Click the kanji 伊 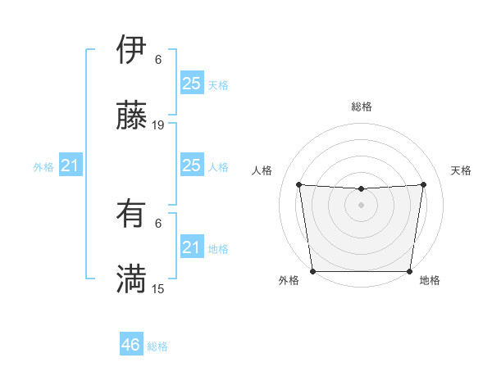[131, 50]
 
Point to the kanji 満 [131, 279]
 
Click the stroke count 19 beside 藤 [158, 125]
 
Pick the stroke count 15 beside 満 [158, 288]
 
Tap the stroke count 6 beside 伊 [158, 60]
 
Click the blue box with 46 [131, 345]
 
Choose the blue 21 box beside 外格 [70, 166]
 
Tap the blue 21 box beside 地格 [191, 247]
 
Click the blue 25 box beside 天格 [191, 84]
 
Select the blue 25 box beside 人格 [191, 165]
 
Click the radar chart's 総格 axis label [362, 106]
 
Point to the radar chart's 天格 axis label [461, 170]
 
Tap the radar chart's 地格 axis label [430, 281]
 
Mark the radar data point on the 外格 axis [312, 271]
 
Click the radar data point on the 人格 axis [299, 184]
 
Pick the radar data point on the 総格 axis [361, 189]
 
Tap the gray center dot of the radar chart [361, 204]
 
